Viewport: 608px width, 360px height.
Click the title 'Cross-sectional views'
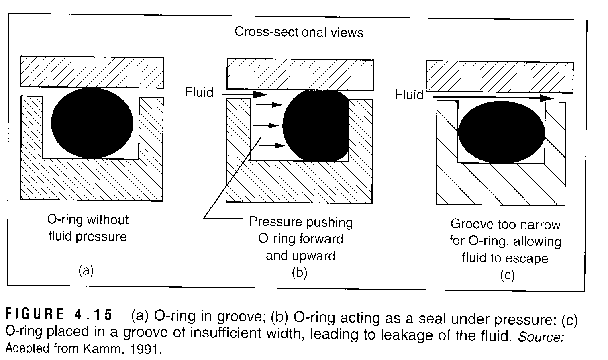pyautogui.click(x=299, y=32)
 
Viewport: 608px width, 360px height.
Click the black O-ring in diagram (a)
pyautogui.click(x=92, y=123)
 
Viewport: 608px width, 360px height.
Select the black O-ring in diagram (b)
pyautogui.click(x=315, y=125)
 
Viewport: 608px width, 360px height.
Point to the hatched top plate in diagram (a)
pyautogui.click(x=92, y=72)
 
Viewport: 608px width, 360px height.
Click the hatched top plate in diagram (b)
pyautogui.click(x=300, y=74)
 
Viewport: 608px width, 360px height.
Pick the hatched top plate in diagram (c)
pyautogui.click(x=499, y=76)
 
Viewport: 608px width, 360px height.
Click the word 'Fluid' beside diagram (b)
pyautogui.click(x=199, y=92)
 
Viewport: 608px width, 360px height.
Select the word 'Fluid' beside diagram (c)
pyautogui.click(x=409, y=95)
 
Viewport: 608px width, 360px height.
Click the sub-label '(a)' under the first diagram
pyautogui.click(x=86, y=270)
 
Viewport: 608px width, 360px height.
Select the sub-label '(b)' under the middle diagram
pyautogui.click(x=299, y=273)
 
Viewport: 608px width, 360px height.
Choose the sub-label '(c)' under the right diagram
pyautogui.click(x=507, y=275)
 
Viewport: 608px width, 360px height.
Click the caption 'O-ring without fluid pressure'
pyautogui.click(x=88, y=228)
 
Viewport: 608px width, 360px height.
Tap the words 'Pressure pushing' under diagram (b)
pyautogui.click(x=301, y=222)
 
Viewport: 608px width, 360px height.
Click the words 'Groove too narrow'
pyautogui.click(x=505, y=224)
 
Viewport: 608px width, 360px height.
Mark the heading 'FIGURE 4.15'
pyautogui.click(x=59, y=315)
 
